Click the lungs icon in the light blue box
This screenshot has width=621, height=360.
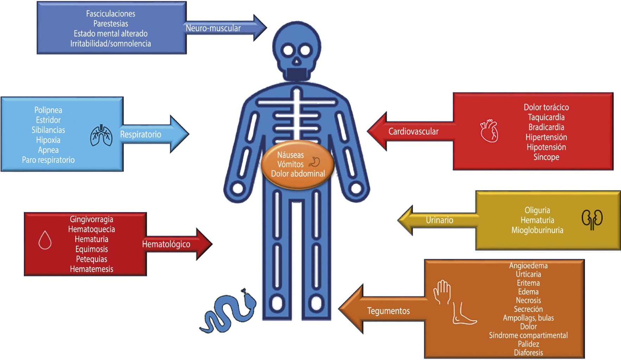tap(101, 135)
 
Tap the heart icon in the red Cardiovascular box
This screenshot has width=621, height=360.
tap(489, 131)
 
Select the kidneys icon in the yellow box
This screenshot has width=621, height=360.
tap(592, 219)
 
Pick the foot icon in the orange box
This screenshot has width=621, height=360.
tap(463, 313)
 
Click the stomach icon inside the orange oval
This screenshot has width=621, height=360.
tap(315, 162)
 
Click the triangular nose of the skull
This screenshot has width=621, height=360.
tap(297, 63)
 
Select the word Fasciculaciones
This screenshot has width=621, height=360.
tap(110, 14)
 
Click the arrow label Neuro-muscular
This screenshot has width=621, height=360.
tap(213, 28)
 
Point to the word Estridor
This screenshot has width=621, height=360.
tap(48, 120)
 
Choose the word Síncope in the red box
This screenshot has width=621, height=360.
tap(546, 157)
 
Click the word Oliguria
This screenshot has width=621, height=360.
tap(537, 210)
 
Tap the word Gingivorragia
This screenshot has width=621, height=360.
tap(91, 219)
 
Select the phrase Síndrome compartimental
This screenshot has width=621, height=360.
tap(528, 335)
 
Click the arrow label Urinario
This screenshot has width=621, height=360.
tap(439, 220)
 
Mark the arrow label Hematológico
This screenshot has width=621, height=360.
tap(166, 244)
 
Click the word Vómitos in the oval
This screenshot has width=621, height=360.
tap(290, 164)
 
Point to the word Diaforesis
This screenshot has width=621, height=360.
tap(528, 352)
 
